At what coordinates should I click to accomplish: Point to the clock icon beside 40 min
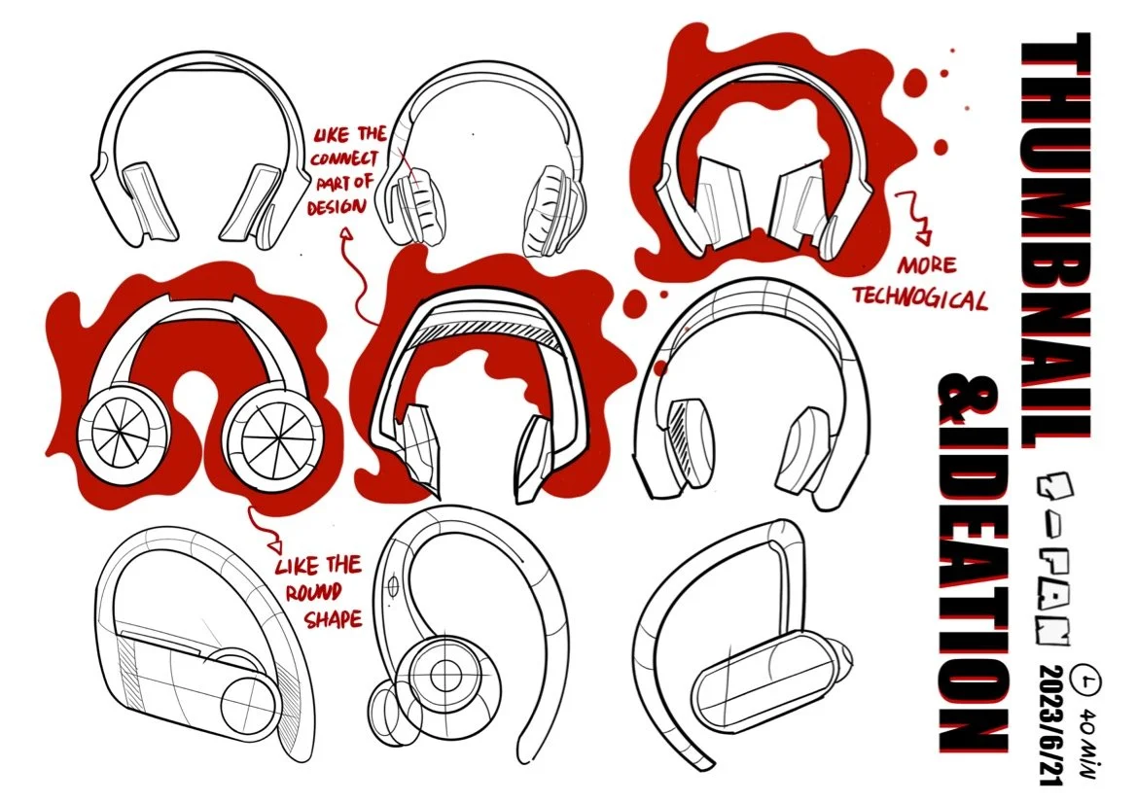1086,678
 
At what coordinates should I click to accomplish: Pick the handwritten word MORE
926,264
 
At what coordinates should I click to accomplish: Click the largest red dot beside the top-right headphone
941,147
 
